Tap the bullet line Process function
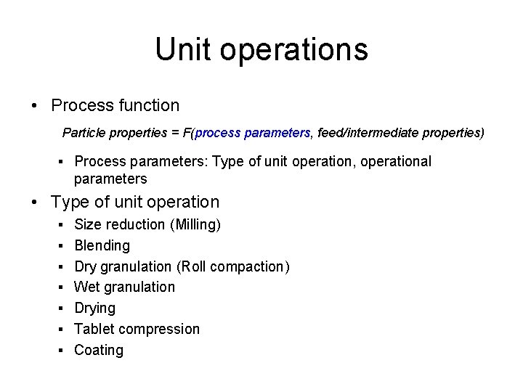pyautogui.click(x=115, y=105)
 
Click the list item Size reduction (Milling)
pyautogui.click(x=147, y=225)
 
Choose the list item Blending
pyautogui.click(x=102, y=246)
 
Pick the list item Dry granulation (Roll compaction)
pyautogui.click(x=182, y=267)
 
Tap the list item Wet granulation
pyautogui.click(x=124, y=287)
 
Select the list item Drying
pyautogui.click(x=94, y=309)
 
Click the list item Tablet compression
pyautogui.click(x=137, y=330)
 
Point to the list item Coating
pyautogui.click(x=99, y=351)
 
